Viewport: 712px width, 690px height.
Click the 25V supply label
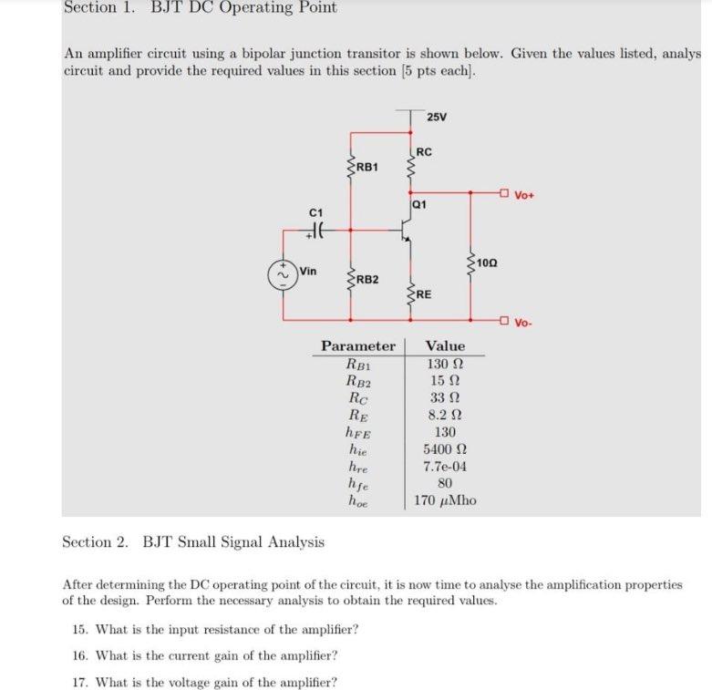(437, 117)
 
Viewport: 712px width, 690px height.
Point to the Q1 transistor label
(419, 205)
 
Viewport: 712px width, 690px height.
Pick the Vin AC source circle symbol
(282, 274)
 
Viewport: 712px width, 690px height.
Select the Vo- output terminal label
(523, 322)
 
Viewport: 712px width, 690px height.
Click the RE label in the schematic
(425, 294)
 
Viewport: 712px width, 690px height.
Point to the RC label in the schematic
(425, 151)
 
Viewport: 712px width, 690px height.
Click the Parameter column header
(358, 346)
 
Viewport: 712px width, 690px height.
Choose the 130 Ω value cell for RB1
(445, 364)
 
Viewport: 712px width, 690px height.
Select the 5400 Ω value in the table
(445, 449)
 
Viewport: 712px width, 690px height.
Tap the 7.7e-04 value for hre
(445, 467)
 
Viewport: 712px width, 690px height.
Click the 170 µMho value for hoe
(445, 500)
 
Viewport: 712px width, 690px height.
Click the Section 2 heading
(193, 542)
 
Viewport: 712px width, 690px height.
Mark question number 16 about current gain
(204, 655)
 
